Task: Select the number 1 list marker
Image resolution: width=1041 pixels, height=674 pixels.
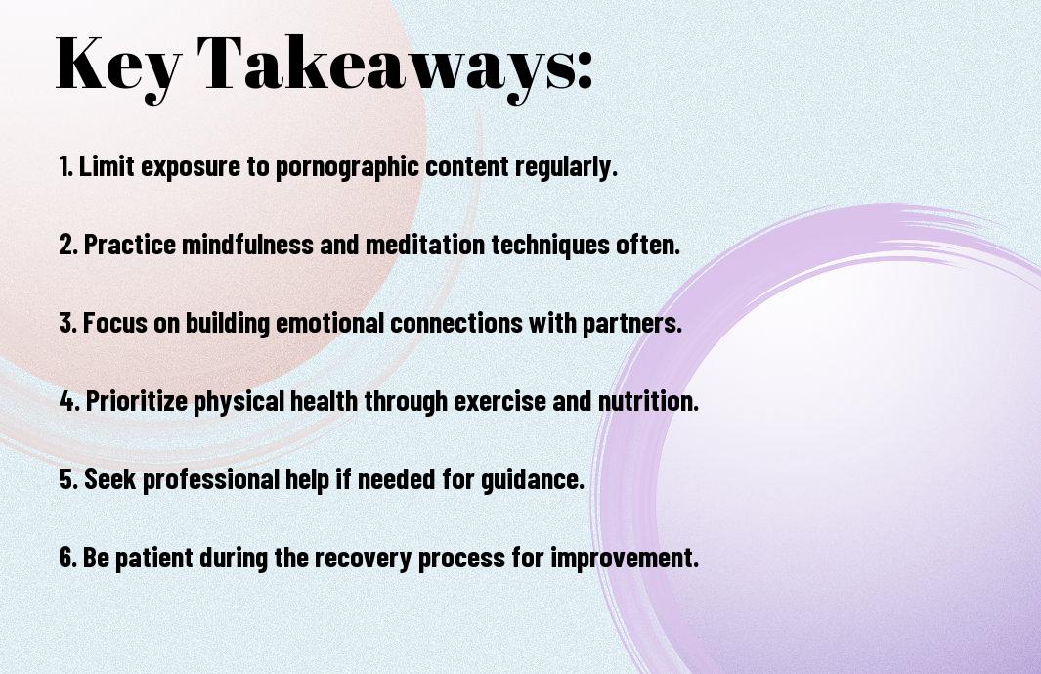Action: [65, 166]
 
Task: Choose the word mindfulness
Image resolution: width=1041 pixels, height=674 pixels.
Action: [247, 245]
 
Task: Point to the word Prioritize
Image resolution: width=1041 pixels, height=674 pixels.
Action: [137, 401]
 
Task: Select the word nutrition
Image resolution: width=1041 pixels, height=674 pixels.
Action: [649, 401]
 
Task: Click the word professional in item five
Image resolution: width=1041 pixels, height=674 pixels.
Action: [210, 479]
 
